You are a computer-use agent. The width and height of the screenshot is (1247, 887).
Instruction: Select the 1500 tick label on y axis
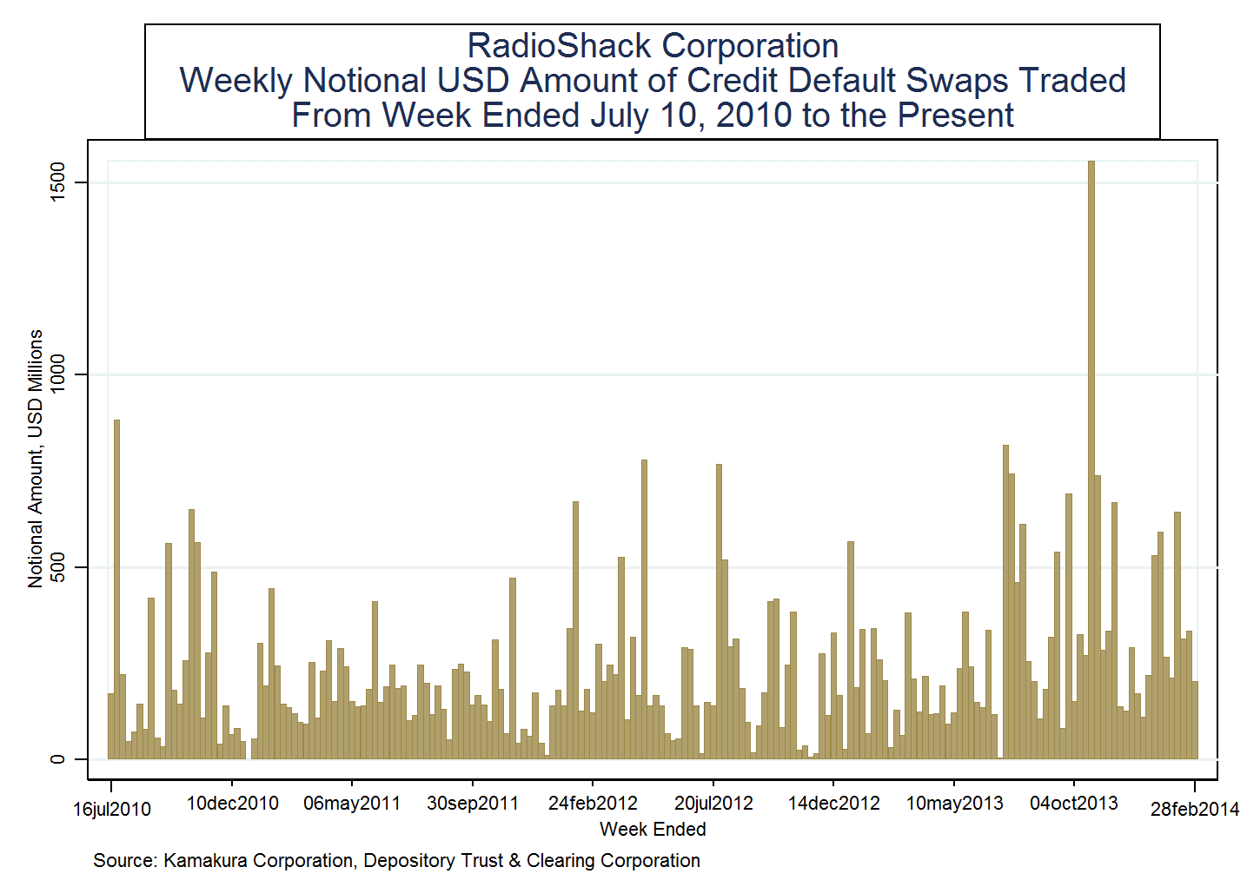tap(57, 182)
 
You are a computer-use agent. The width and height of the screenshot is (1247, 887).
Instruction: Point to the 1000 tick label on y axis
tap(57, 374)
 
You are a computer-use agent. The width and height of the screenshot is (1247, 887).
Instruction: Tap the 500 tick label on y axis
tap(57, 567)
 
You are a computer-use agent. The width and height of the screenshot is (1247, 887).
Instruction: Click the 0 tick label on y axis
tap(57, 759)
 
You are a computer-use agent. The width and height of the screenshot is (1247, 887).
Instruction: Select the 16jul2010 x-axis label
tap(111, 810)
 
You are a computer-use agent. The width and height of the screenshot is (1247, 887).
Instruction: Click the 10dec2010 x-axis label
tap(232, 804)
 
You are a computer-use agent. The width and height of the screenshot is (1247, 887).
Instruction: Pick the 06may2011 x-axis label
tap(351, 804)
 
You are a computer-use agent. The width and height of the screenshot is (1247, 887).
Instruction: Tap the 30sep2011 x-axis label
tap(472, 804)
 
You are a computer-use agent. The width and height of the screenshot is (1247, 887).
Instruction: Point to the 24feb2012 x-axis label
tap(593, 804)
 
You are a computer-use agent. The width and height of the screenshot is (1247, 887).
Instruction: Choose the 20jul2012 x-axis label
tap(713, 804)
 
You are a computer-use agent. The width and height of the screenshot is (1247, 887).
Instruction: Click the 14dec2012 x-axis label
tap(833, 804)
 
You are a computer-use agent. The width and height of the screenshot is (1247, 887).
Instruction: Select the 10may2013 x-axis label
tap(954, 804)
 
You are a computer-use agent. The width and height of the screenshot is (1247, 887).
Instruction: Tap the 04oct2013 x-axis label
tap(1074, 804)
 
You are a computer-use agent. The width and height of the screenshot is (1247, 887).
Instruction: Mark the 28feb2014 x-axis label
tap(1194, 810)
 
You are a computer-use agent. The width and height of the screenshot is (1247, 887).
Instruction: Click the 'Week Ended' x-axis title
tap(653, 830)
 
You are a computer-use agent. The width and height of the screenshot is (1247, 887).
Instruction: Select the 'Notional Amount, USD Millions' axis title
tap(36, 459)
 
